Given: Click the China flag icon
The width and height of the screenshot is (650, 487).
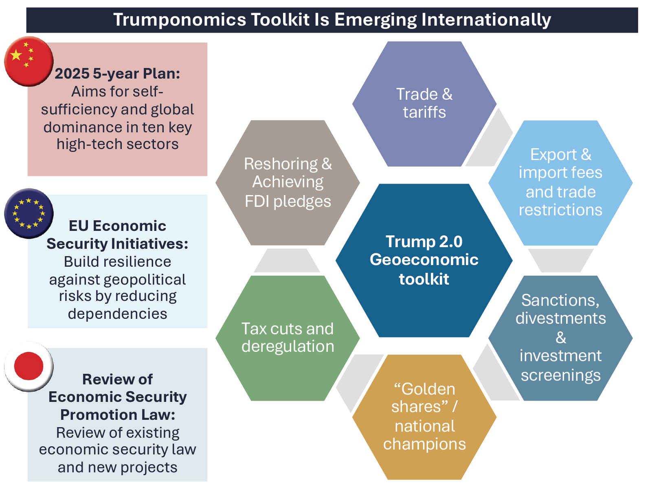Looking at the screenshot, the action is [29, 61].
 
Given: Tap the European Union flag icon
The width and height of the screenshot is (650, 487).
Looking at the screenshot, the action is [29, 213].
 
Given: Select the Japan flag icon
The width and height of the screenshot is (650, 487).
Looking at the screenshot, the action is [29, 366].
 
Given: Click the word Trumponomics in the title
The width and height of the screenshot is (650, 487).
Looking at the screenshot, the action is [180, 20].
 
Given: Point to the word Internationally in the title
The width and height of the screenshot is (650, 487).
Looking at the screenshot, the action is [486, 20].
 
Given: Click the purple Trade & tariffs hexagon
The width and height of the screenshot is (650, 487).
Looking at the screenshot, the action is [424, 104].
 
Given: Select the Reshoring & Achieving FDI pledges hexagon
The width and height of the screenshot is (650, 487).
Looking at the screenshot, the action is [288, 183].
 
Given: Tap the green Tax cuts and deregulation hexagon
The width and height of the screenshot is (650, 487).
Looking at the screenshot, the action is [288, 338].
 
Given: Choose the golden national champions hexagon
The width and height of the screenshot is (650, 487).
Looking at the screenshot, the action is [424, 417].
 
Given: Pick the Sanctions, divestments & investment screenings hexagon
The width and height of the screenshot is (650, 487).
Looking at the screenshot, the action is [560, 338].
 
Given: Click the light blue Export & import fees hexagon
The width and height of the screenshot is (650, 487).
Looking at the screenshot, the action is [560, 183].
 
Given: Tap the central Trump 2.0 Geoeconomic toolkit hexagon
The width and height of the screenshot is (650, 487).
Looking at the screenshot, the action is [424, 261].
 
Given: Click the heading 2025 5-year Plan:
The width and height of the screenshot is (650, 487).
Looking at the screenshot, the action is [117, 74].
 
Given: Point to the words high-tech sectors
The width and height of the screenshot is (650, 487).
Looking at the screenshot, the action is [118, 144].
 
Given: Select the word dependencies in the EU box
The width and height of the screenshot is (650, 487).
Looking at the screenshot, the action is [118, 314].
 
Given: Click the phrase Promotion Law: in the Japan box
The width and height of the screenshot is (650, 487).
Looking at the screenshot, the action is [118, 415].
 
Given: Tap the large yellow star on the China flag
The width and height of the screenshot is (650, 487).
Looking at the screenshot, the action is [16, 55].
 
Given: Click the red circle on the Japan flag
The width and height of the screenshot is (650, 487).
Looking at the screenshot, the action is [29, 366].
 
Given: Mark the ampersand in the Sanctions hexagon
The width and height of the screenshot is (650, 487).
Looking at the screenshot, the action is [560, 338].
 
